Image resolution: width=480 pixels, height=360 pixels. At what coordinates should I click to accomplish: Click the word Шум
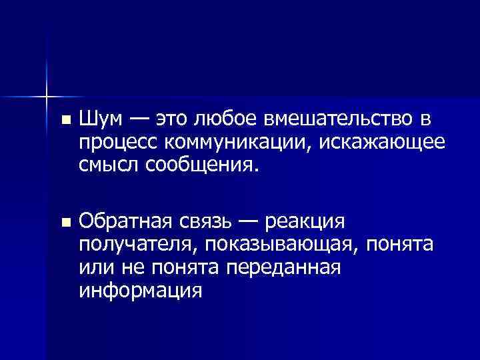[100, 120]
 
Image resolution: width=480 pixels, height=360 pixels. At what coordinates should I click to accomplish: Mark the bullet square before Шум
[64, 121]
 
